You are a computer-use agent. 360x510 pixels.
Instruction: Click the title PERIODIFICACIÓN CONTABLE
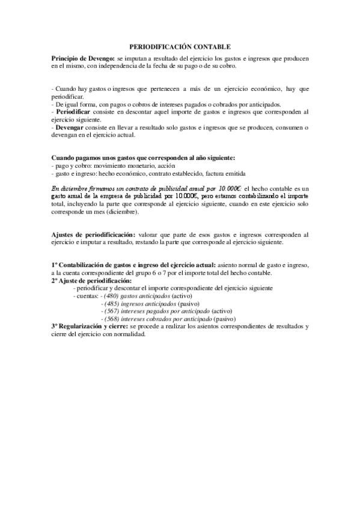[x=180, y=46]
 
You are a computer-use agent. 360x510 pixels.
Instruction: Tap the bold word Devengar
[x=70, y=127]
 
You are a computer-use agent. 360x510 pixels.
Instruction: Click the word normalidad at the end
[x=130, y=334]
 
